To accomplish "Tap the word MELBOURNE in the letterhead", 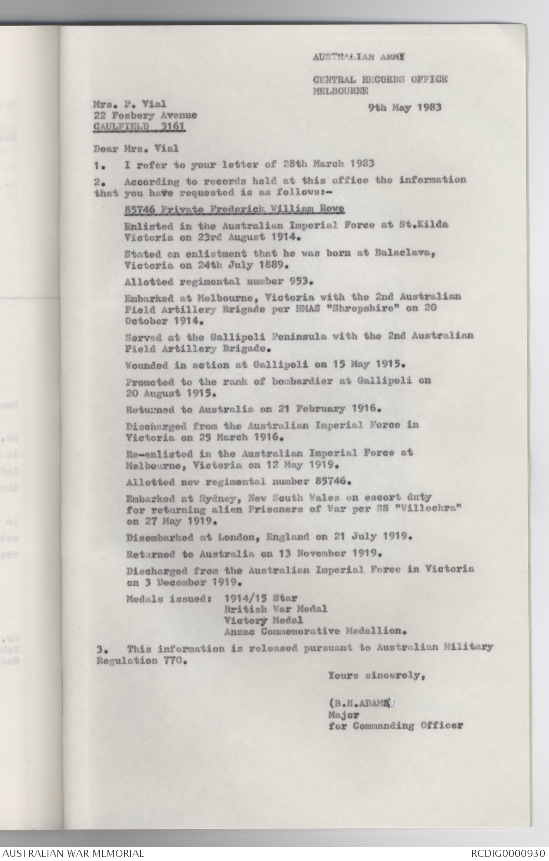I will [340, 91].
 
